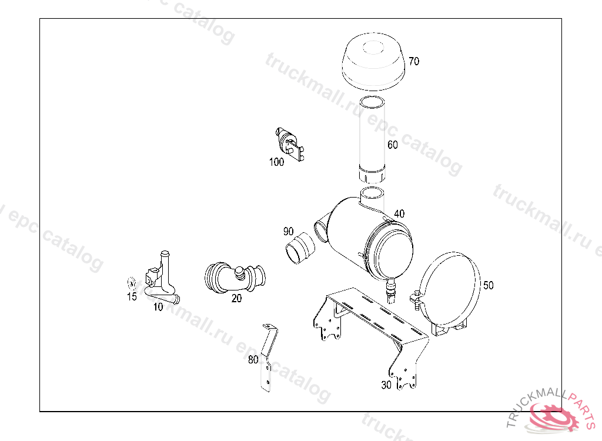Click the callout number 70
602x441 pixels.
[414, 61]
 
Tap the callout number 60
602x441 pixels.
[392, 145]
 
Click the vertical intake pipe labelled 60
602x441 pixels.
[372, 140]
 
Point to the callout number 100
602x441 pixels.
[276, 162]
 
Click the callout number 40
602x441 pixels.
[399, 213]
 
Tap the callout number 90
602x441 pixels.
[288, 231]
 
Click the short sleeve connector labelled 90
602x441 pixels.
[300, 248]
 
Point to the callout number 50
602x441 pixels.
[488, 285]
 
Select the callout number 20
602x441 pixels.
[236, 298]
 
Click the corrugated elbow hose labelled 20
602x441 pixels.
[234, 277]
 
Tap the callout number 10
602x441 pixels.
[158, 307]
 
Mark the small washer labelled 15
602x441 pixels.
[131, 283]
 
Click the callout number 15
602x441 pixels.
[132, 296]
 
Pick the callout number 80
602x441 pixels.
[253, 360]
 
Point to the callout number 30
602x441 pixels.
[386, 385]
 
